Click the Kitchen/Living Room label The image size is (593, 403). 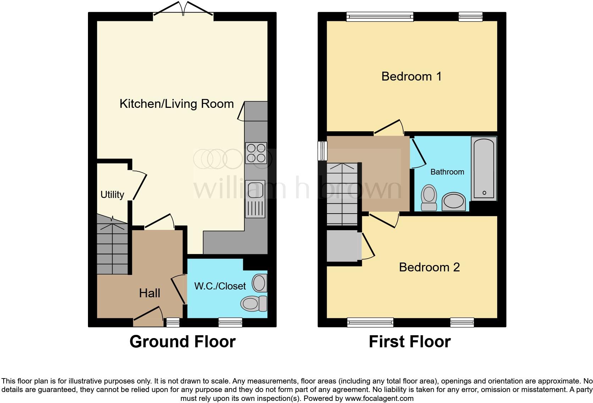[x=177, y=104]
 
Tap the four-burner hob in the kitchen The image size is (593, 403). [x=256, y=153]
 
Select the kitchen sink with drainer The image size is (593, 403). [x=255, y=199]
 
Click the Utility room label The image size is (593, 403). [x=112, y=195]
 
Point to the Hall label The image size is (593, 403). [x=150, y=293]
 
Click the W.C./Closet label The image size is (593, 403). [x=220, y=286]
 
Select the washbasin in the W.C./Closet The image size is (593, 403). [x=260, y=283]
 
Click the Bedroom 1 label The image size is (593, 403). [x=411, y=77]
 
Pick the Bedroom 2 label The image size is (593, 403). [x=429, y=267]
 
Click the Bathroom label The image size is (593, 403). [x=447, y=172]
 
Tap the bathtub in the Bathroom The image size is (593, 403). [x=484, y=169]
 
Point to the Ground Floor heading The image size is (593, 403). [x=183, y=342]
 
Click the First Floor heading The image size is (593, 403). [x=410, y=342]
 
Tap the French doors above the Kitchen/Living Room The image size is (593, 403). [x=183, y=9]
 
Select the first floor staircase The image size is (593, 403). [x=342, y=194]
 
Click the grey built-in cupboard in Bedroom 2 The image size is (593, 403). [x=343, y=246]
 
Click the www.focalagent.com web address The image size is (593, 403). [x=379, y=398]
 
